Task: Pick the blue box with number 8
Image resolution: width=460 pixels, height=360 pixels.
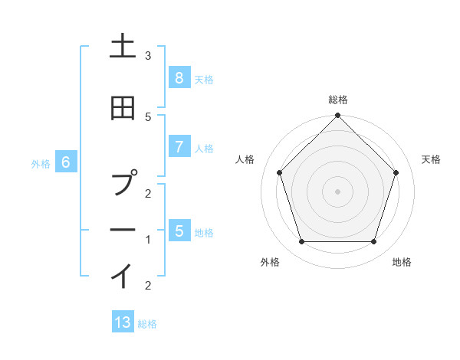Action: point(179,78)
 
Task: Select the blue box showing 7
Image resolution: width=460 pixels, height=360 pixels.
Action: point(179,147)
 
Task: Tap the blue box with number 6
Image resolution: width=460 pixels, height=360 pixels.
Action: point(66,162)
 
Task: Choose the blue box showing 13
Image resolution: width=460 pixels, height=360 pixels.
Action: point(123,322)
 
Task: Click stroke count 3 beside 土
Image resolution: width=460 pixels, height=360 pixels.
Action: point(148,56)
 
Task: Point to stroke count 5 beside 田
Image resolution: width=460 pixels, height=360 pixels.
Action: point(148,116)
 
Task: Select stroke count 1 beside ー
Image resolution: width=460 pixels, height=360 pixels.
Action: point(148,240)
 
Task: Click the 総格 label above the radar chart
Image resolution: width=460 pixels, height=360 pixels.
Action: point(338,100)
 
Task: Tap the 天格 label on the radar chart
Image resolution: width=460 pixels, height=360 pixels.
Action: point(431,159)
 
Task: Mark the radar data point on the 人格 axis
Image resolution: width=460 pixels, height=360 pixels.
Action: point(279,172)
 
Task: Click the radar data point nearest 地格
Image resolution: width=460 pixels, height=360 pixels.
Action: point(373,242)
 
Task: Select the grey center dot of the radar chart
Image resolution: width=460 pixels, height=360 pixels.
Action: point(337,191)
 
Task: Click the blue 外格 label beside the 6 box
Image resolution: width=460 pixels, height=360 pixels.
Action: point(41,163)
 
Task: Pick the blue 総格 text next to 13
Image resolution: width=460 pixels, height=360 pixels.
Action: point(147,323)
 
